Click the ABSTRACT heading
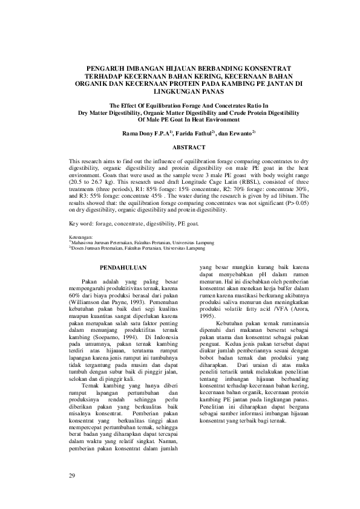(x=180, y=147)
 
